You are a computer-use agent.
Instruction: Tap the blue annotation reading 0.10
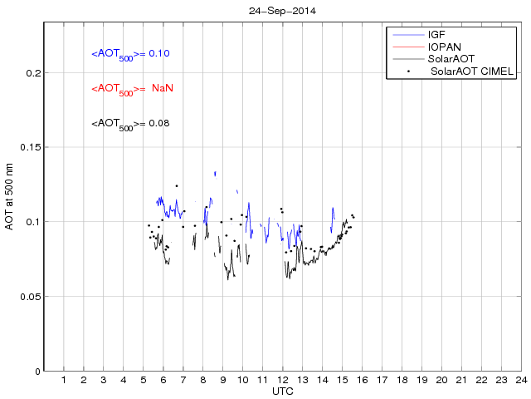[130, 54]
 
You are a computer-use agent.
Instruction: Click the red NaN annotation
[132, 89]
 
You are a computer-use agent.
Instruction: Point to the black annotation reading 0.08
[130, 124]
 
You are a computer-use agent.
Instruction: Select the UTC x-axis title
[282, 391]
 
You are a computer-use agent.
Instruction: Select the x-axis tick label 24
[521, 380]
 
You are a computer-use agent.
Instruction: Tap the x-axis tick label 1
[64, 380]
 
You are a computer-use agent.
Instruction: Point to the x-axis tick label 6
[163, 380]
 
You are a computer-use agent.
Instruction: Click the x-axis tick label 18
[402, 380]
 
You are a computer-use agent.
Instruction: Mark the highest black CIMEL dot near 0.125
[177, 186]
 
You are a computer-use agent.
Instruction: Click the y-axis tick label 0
[37, 371]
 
